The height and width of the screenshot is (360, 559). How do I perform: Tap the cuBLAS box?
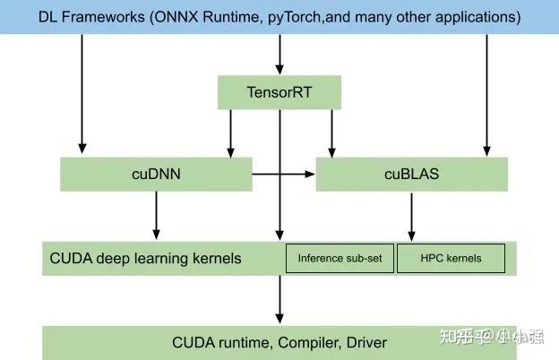pyautogui.click(x=411, y=175)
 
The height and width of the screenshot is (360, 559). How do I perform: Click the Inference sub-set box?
pyautogui.click(x=340, y=259)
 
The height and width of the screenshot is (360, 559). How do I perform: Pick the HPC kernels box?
pyautogui.click(x=451, y=259)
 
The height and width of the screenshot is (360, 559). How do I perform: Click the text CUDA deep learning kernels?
pyautogui.click(x=145, y=259)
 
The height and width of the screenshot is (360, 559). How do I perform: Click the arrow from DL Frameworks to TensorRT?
pyautogui.click(x=279, y=55)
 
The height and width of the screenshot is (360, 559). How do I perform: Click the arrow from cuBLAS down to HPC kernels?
pyautogui.click(x=411, y=216)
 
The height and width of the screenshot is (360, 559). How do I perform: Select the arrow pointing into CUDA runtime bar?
pyautogui.click(x=279, y=300)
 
